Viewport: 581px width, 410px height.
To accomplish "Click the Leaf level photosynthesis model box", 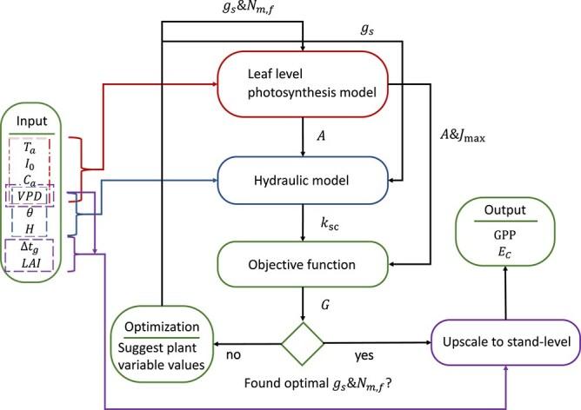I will point(302,85).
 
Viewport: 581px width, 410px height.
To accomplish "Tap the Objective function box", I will point(302,259).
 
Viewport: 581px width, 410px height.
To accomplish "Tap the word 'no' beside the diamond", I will point(233,356).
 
